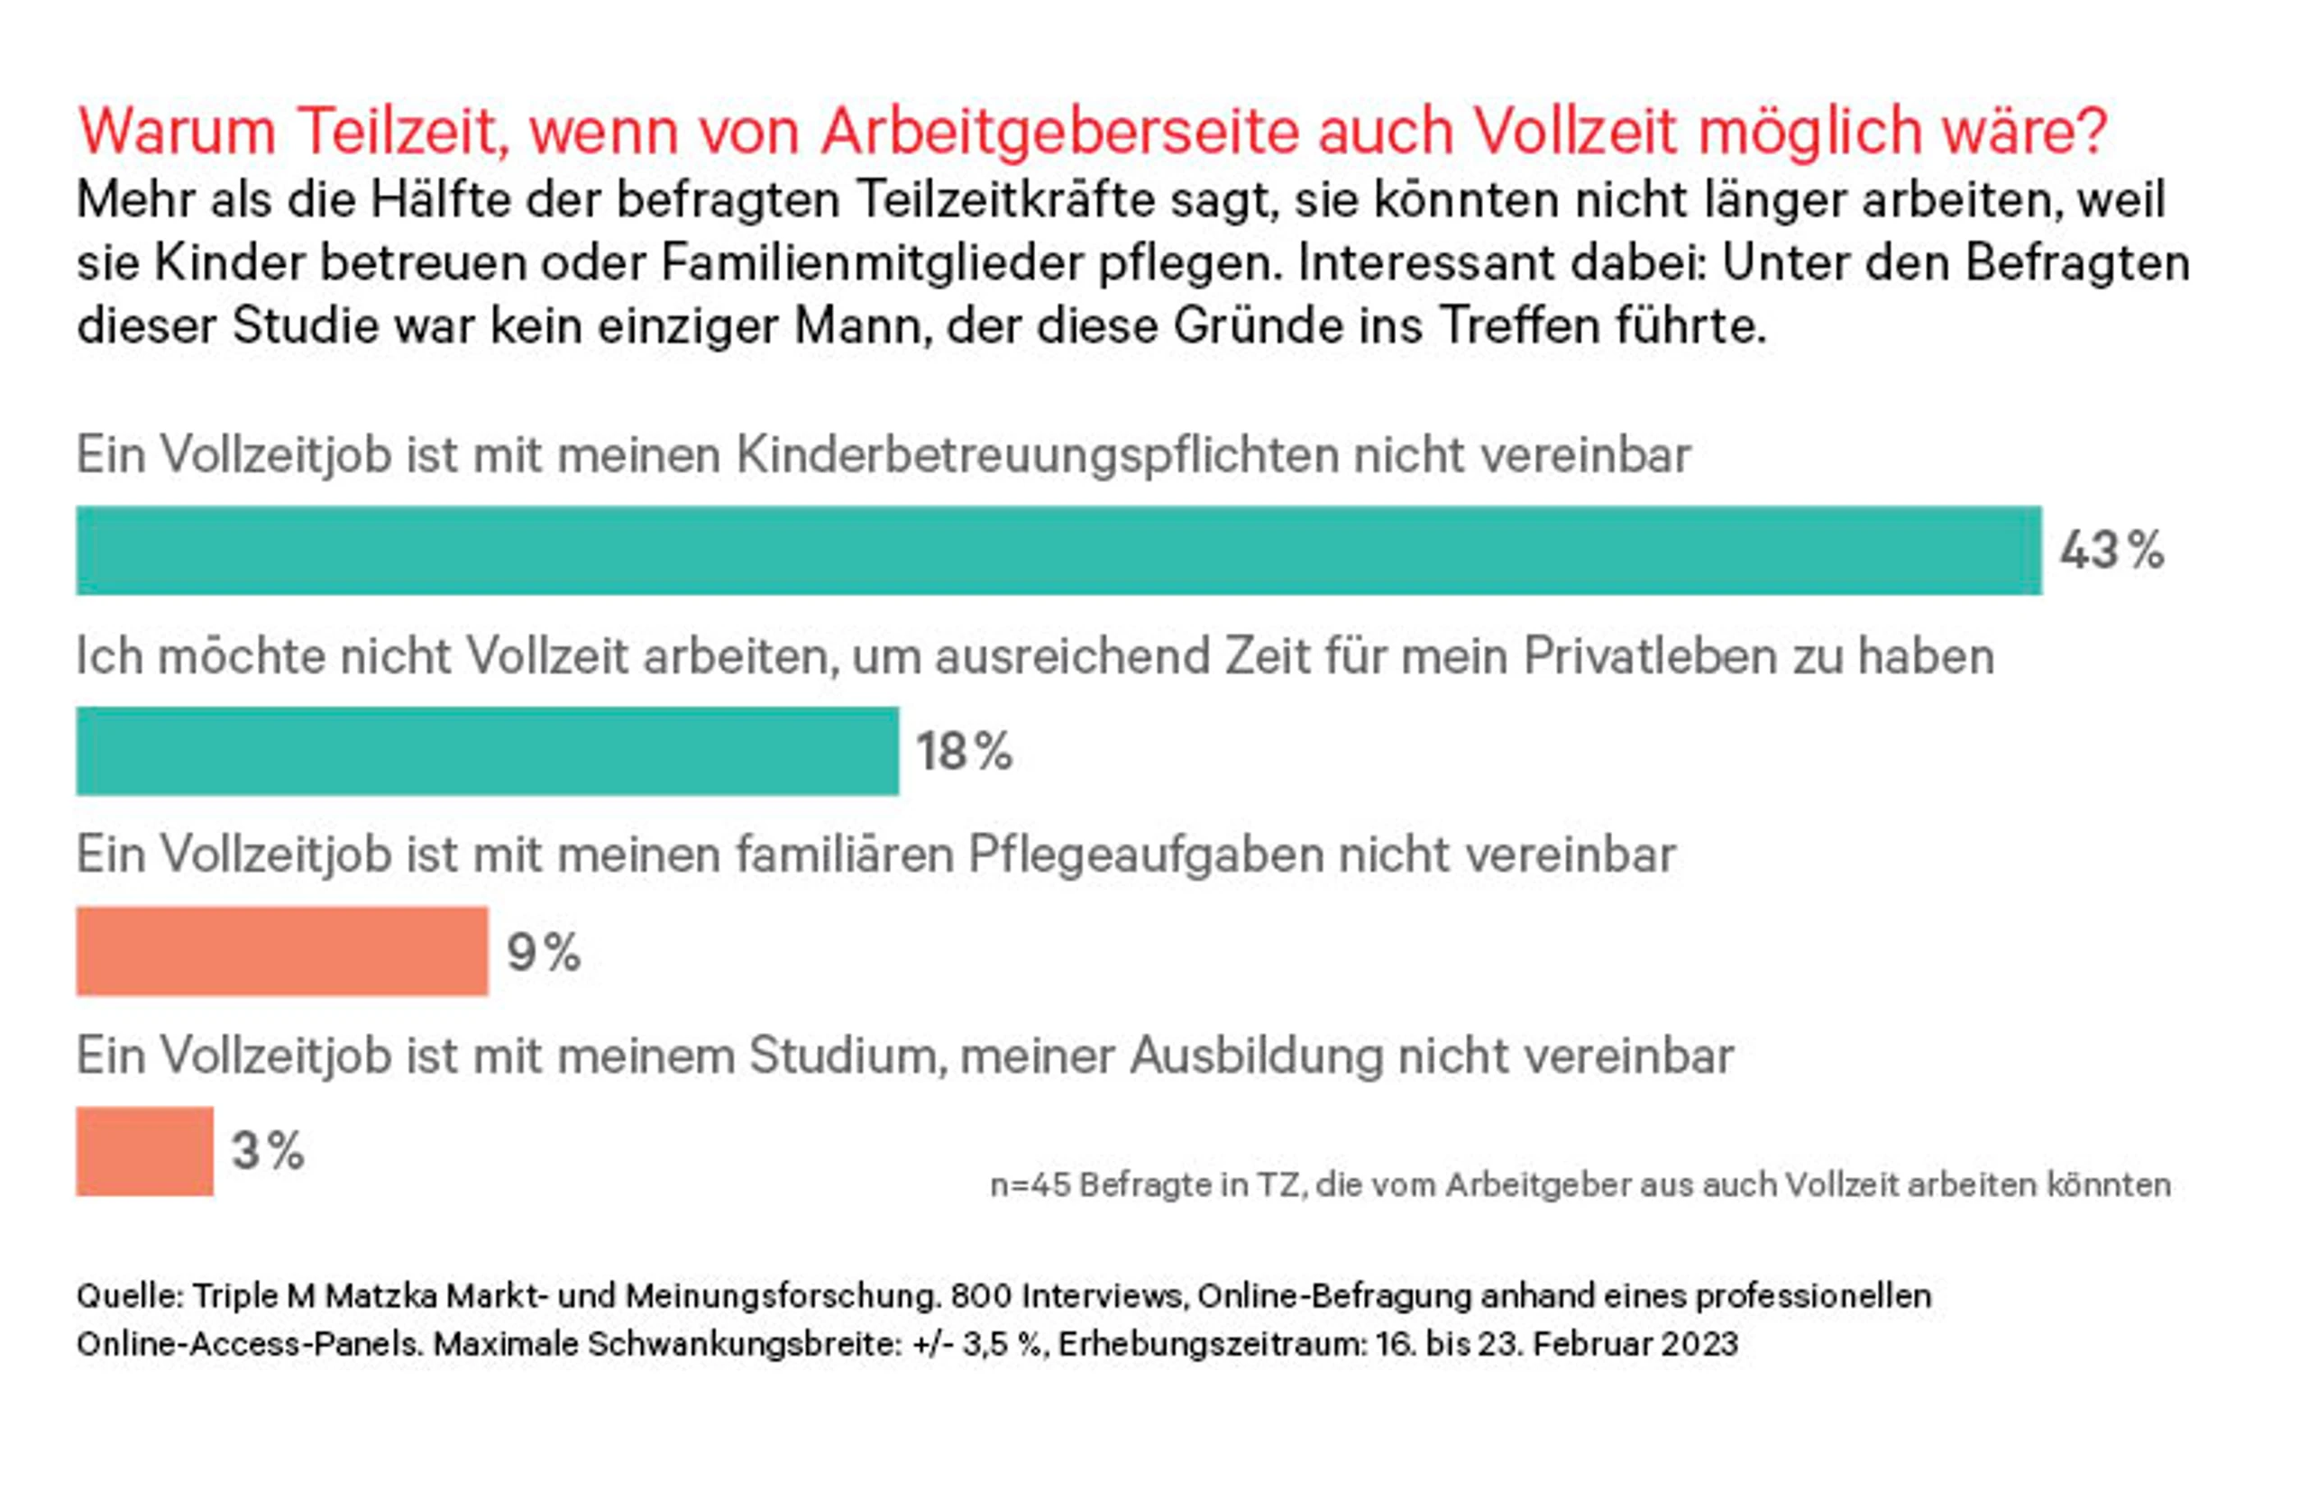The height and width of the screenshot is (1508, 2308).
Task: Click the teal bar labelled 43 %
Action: [1059, 550]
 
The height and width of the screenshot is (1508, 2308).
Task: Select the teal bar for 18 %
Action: [488, 751]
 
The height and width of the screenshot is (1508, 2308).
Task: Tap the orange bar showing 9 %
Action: [282, 950]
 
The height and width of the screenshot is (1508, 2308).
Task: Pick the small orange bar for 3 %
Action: [144, 1151]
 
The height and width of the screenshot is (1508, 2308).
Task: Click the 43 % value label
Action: [2112, 551]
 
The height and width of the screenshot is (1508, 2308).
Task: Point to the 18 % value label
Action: [965, 752]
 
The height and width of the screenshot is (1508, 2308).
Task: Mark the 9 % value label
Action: [544, 951]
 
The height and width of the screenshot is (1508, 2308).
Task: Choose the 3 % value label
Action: [268, 1151]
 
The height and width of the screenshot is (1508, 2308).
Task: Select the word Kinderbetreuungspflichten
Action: [1037, 455]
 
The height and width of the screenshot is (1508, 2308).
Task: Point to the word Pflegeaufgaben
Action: [1145, 855]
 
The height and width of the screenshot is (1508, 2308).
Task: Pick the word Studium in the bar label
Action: [847, 1056]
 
